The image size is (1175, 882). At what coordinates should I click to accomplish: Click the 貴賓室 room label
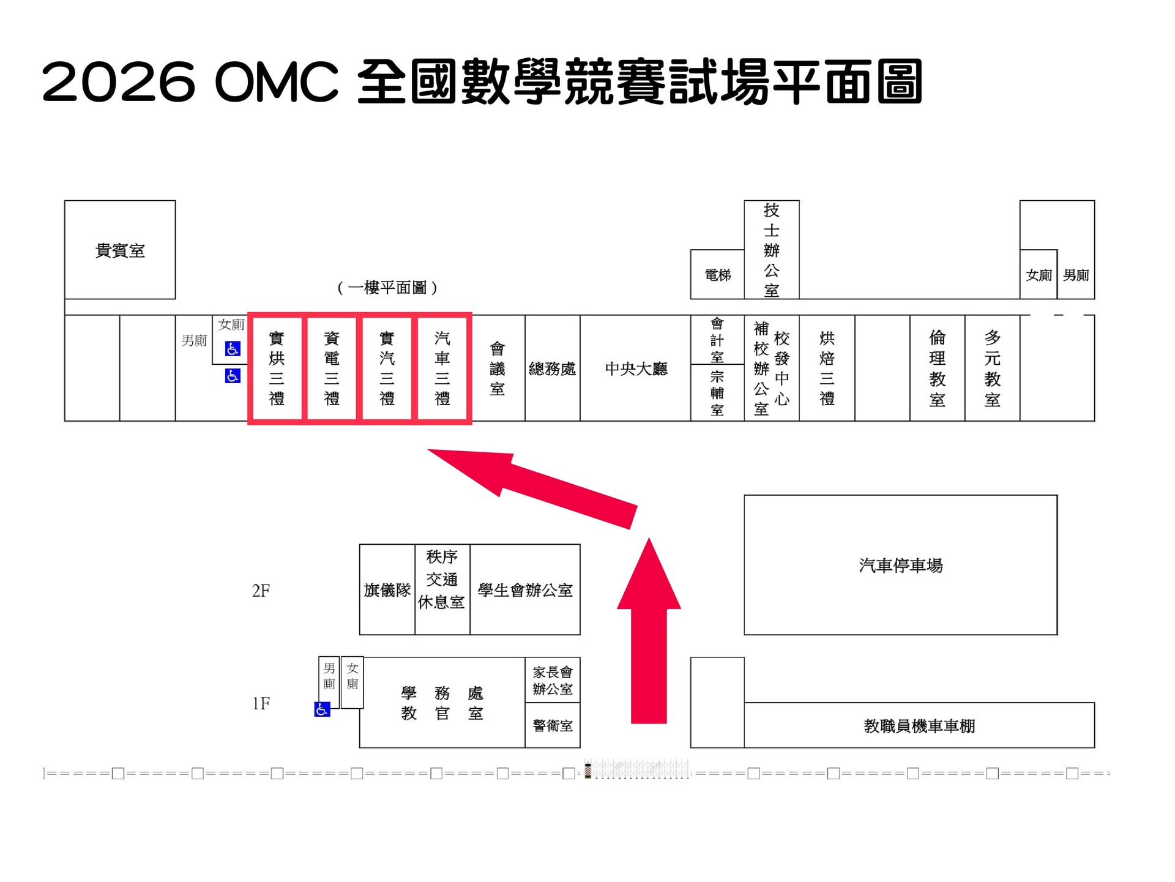coord(120,251)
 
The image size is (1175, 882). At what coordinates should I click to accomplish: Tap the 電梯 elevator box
coord(717,275)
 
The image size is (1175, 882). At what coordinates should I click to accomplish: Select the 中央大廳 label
coord(636,368)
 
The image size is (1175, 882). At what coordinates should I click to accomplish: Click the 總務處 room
coord(552,368)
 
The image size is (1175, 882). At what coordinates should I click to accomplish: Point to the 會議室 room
coord(498,368)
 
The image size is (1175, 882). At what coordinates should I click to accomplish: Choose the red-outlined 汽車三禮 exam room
coord(442,368)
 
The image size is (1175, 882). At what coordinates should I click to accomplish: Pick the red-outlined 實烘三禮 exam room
coord(276,368)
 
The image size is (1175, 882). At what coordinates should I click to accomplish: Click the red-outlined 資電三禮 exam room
coord(331,368)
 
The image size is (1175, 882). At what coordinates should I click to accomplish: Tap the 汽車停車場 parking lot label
coord(901,565)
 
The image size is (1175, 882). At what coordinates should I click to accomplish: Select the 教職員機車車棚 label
coord(919,726)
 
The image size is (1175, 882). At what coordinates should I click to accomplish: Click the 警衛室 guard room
coord(553,725)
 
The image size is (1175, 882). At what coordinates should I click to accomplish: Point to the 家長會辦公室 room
coord(553,680)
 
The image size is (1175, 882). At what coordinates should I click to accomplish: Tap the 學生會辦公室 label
coord(525,590)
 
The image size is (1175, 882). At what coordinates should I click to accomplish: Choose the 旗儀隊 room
coord(387,589)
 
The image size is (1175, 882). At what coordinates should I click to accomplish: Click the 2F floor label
coord(261,591)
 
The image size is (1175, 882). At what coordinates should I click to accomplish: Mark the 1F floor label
coord(261,703)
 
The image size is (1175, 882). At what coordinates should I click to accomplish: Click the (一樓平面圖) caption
coord(387,287)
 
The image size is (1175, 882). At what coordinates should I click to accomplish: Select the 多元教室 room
coord(993,368)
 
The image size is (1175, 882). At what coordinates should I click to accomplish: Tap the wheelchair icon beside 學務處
coord(322,709)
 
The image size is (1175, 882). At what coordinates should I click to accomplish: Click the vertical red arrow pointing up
coord(649,630)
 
